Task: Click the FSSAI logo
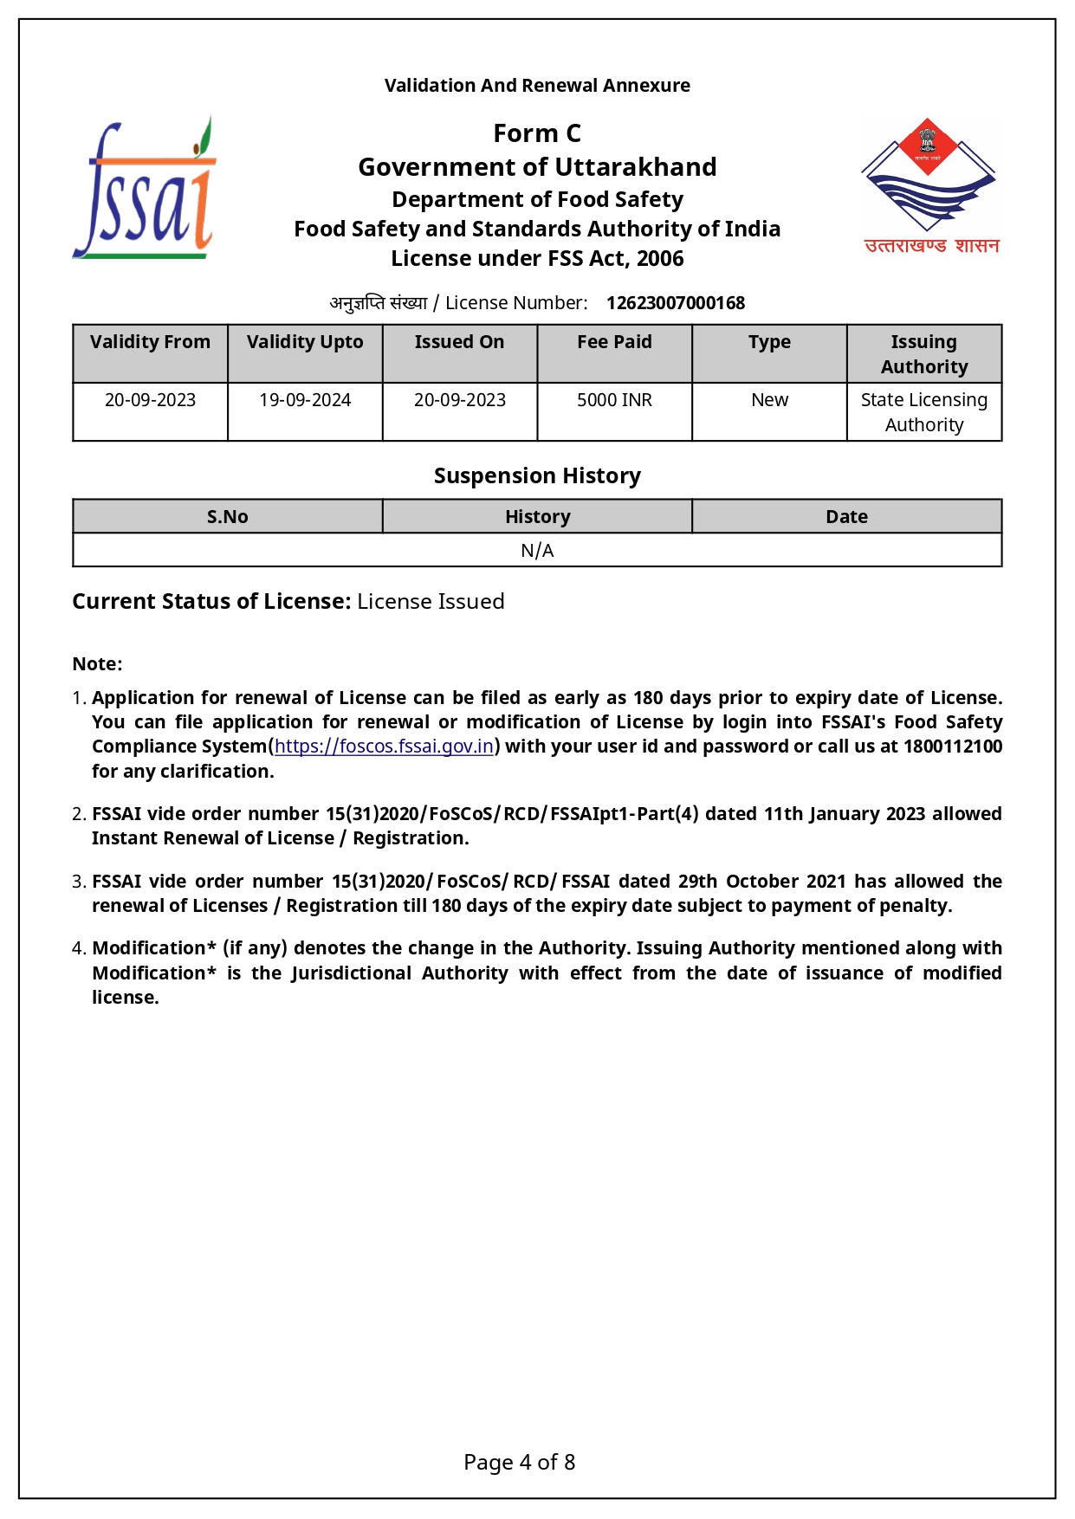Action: [144, 189]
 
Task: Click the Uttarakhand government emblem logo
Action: [929, 185]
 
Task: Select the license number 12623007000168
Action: [675, 303]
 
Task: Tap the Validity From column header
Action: [150, 342]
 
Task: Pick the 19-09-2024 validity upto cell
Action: [305, 400]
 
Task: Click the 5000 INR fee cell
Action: [614, 400]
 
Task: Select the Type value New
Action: [769, 400]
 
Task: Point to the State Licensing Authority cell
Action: [923, 412]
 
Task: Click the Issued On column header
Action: [459, 342]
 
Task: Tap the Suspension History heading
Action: [537, 476]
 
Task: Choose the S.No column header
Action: [227, 517]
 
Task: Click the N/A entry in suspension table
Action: [537, 551]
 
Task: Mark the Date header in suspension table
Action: [846, 517]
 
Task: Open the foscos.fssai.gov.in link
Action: [384, 747]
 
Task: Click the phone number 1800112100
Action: [952, 747]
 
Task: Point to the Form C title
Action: [537, 133]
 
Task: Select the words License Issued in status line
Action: [431, 602]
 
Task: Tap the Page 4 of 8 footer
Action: [519, 1463]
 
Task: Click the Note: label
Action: [97, 664]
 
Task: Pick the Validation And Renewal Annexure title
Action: [537, 86]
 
